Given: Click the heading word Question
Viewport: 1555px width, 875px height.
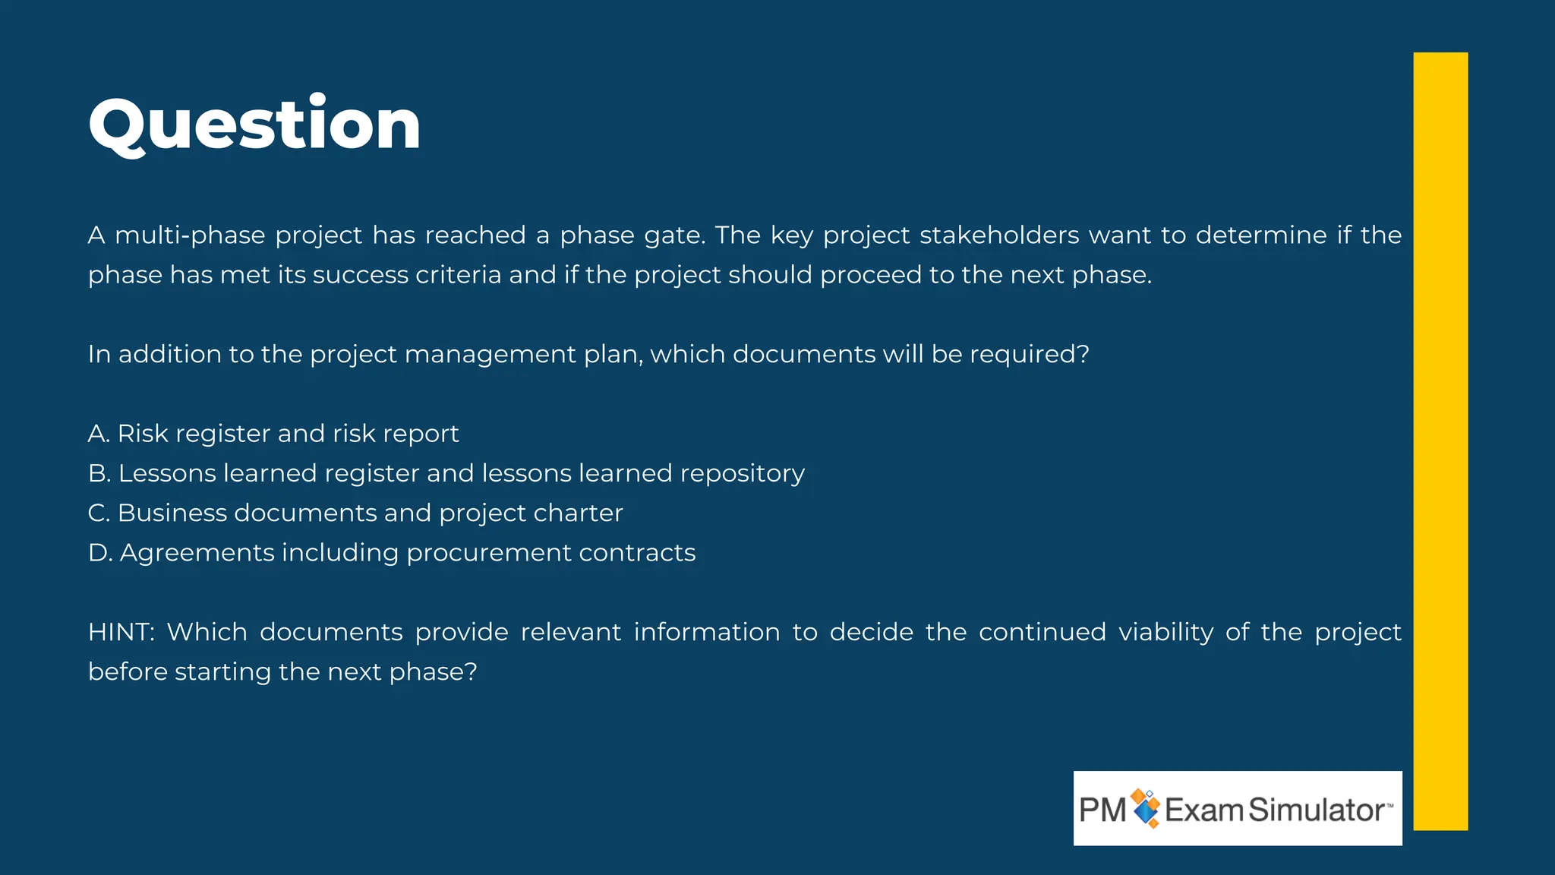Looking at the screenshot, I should pos(254,124).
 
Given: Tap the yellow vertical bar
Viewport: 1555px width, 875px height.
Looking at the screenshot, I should pos(1440,441).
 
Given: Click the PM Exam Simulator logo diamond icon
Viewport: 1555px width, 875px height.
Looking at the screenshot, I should pos(1146,808).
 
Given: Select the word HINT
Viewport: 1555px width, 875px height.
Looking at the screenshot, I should pos(119,632).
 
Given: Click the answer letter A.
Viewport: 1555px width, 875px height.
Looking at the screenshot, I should pos(97,434).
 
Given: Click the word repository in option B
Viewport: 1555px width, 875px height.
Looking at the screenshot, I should pos(742,474).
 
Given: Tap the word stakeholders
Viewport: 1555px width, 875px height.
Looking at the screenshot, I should pos(998,235).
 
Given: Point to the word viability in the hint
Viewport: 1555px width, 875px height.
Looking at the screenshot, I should pos(1165,633).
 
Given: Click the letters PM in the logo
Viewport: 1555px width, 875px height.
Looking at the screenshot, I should pos(1102,810).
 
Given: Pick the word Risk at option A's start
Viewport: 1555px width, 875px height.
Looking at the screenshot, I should pos(142,434).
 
